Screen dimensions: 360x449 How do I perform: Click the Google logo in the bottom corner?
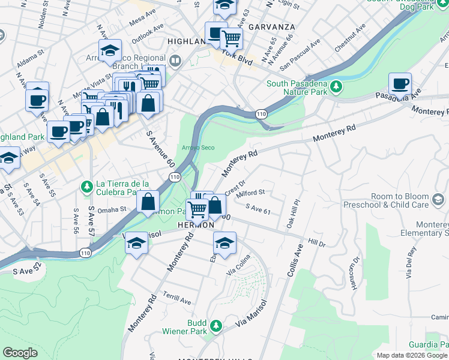20,353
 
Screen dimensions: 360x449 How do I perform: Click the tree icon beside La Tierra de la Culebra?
88,188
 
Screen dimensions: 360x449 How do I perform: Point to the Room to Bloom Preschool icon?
439,200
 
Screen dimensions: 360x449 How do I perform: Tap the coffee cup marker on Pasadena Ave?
400,85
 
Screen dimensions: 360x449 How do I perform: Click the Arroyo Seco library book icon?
175,60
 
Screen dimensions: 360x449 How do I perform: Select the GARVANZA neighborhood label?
271,28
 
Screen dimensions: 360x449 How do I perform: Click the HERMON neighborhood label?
196,224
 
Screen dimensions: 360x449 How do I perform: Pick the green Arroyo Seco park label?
198,148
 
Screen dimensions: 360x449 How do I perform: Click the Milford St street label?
251,193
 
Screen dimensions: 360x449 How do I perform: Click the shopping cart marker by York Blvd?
231,39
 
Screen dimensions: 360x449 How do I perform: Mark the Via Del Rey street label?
411,264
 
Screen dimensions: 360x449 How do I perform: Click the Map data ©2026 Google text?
412,355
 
